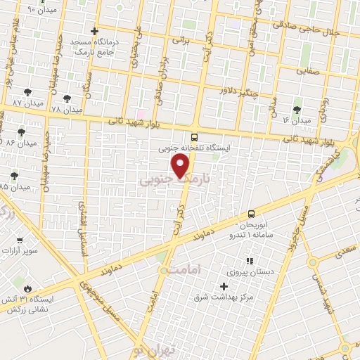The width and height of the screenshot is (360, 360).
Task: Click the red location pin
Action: [181, 166]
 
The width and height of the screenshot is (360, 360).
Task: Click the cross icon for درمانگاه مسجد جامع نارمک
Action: [95, 32]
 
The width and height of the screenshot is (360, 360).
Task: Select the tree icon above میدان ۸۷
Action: [27, 92]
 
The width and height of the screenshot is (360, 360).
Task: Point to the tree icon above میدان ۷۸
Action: [67, 99]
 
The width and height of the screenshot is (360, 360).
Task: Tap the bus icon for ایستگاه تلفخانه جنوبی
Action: [194, 138]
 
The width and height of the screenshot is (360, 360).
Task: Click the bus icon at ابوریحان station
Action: [251, 214]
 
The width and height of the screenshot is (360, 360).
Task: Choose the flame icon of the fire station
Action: [27, 288]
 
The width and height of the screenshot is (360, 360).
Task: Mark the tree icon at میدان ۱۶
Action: [297, 109]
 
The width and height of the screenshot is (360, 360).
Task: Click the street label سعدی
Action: [344, 250]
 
